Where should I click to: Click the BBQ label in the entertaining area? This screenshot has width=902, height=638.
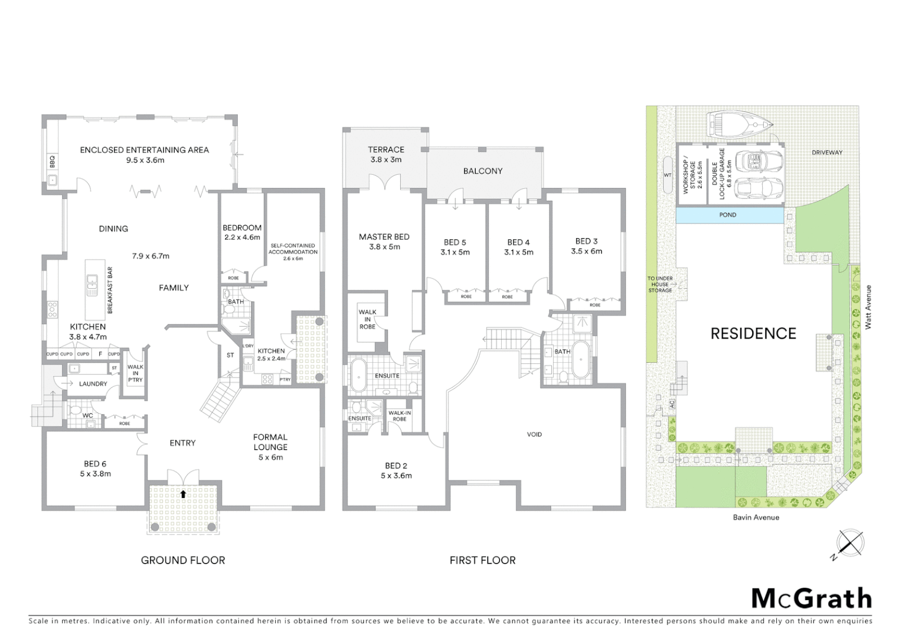click(52, 159)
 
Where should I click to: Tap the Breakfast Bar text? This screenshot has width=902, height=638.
click(110, 290)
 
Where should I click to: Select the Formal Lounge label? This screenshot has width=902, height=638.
click(270, 447)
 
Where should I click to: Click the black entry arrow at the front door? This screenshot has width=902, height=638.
click(184, 494)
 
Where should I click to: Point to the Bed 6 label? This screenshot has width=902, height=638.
click(95, 468)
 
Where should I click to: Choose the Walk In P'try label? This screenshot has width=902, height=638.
click(135, 373)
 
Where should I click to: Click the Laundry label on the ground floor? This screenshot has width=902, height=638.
click(93, 383)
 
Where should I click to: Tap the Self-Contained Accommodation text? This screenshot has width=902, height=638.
click(293, 252)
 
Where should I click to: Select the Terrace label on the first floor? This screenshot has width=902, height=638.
click(386, 155)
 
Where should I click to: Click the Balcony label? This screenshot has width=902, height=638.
click(482, 171)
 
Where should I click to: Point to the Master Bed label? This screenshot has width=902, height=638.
click(384, 242)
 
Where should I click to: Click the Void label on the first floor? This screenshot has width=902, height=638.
click(534, 434)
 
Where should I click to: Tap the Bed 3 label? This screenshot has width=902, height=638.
click(586, 246)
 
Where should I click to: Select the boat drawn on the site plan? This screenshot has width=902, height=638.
click(742, 124)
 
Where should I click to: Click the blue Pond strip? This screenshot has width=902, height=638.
click(728, 215)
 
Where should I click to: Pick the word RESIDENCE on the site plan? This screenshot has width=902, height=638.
click(753, 334)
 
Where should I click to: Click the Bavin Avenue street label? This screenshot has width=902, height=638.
click(756, 517)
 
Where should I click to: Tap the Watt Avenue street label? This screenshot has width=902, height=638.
click(868, 307)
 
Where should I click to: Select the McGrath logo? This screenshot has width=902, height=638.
click(811, 598)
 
